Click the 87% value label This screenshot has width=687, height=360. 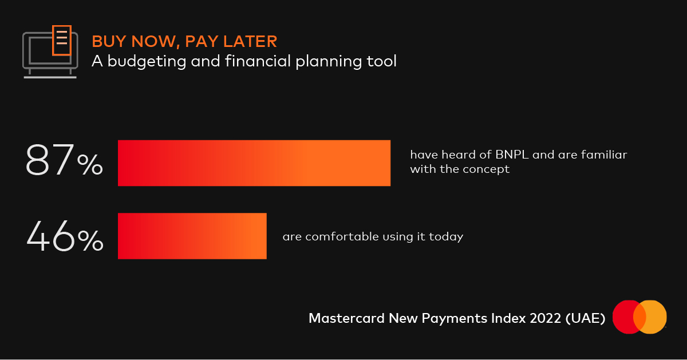click(x=64, y=160)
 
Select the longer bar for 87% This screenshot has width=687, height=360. click(x=254, y=163)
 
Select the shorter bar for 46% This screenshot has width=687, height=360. click(x=192, y=236)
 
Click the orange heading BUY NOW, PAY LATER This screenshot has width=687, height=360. click(x=184, y=41)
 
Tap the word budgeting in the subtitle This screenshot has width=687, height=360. click(x=147, y=61)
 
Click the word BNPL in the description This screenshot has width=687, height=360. click(x=512, y=155)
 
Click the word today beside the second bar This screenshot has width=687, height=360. click(x=446, y=237)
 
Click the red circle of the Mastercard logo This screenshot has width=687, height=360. click(x=626, y=317)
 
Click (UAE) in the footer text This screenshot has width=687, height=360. click(x=586, y=318)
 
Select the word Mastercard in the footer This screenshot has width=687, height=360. click(x=346, y=318)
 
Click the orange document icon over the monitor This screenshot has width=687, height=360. click(x=62, y=41)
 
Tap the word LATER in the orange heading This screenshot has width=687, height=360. click(x=250, y=41)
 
